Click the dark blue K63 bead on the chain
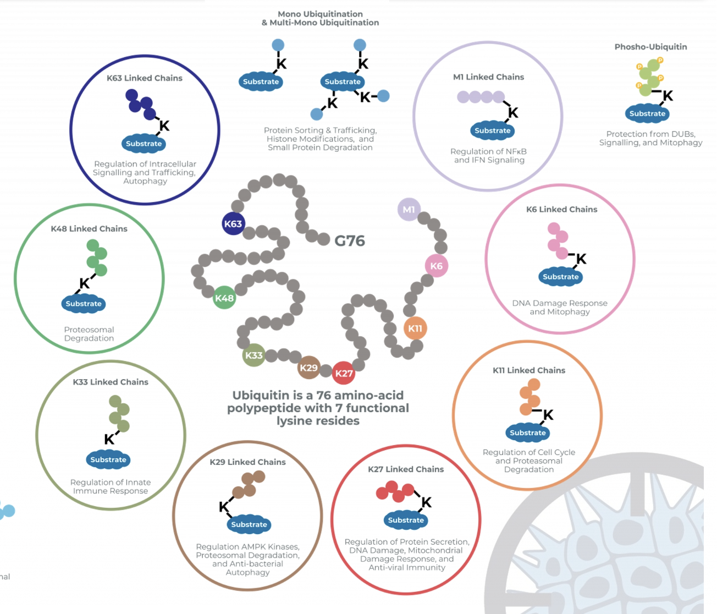[x=233, y=224]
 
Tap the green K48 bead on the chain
[x=224, y=298]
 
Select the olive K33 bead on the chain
[x=253, y=355]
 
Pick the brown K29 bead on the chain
[x=308, y=368]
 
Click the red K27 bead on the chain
[x=344, y=374]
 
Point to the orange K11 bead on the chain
[x=415, y=328]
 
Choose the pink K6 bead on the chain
[x=437, y=266]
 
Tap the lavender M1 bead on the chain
[x=409, y=210]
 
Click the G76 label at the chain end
[x=350, y=241]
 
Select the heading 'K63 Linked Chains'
[x=145, y=78]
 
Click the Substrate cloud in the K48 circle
[x=84, y=304]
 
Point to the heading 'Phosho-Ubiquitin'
[x=650, y=47]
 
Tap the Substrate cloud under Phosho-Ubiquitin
[x=647, y=114]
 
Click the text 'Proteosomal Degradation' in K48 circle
[x=89, y=334]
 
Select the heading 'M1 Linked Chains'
[x=488, y=77]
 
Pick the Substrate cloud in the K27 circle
[x=406, y=520]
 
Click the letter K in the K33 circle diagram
[x=109, y=439]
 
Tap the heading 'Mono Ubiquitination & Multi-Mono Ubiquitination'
[x=320, y=18]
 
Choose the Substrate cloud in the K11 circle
[x=528, y=433]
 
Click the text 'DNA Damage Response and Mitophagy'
[x=560, y=308]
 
